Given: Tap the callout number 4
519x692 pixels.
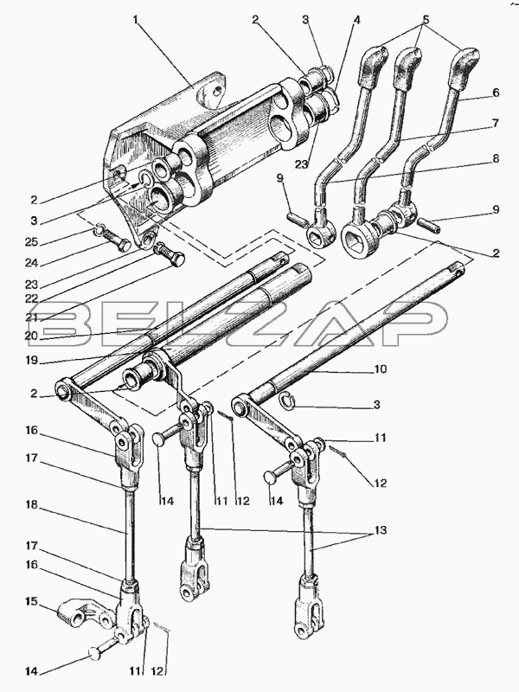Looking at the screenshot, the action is (x=356, y=20).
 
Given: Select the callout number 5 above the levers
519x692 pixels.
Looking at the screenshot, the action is (x=425, y=19).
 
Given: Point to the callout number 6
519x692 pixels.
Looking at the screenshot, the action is (x=496, y=93).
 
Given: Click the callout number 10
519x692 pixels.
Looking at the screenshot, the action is (x=381, y=368).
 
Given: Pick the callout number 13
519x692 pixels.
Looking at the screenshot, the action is (x=381, y=529).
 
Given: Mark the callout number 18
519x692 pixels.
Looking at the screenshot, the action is (x=31, y=504).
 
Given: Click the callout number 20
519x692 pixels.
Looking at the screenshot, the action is (x=32, y=336).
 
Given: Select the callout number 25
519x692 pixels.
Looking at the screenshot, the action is (x=32, y=242).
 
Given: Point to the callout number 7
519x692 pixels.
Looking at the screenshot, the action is (x=496, y=123).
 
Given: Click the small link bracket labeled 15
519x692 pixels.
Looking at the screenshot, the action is (x=84, y=615).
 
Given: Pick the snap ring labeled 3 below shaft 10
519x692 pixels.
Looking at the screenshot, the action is (x=287, y=400).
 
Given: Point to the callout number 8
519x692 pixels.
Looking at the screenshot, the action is (x=496, y=158).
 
